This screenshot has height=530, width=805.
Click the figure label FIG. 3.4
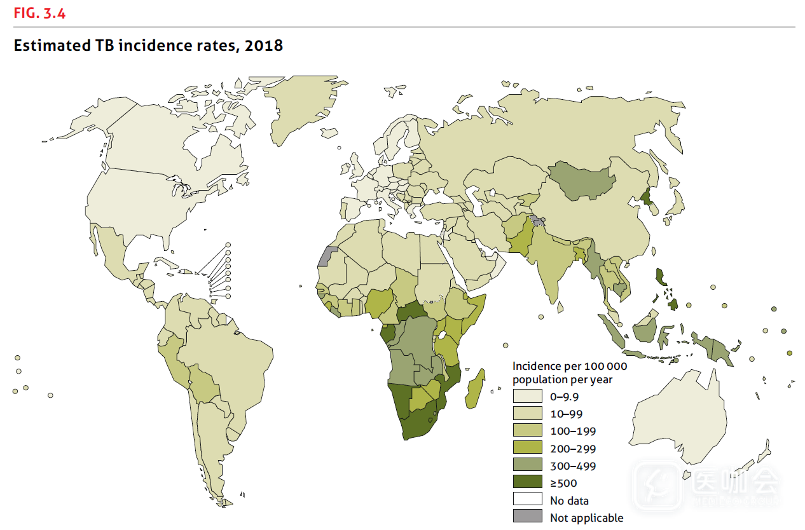(39, 13)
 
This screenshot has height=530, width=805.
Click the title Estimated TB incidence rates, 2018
(148, 46)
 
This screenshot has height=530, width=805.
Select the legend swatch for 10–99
(528, 414)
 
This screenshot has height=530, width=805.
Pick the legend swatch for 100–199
(528, 431)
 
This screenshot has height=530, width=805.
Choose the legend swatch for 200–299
(528, 448)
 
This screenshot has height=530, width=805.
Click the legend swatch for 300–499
(528, 465)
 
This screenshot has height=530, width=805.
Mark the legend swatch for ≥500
(528, 482)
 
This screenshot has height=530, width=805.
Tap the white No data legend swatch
(528, 499)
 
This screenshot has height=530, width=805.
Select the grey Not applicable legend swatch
(528, 517)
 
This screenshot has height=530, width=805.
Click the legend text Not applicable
(586, 518)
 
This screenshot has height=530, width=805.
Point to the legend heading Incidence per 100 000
(570, 367)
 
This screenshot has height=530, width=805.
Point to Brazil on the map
(229, 356)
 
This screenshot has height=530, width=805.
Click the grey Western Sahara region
(326, 255)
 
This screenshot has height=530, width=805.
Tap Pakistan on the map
(520, 240)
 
